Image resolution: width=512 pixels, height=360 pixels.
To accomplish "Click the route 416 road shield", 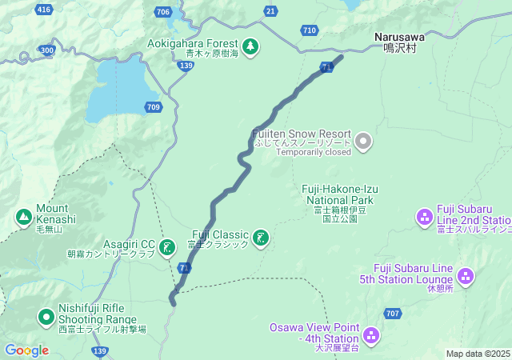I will pos(44,10).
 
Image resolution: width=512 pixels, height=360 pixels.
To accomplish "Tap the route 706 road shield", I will pos(164,11).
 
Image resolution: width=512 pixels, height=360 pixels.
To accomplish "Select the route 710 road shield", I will pos(310,30).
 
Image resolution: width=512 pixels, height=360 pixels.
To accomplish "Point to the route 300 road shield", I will pos(47,50).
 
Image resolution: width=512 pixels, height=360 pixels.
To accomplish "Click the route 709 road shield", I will pos(153,106).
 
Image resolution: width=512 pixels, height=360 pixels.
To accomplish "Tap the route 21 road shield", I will pos(271,10).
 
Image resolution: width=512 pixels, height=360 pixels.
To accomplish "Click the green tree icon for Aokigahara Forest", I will pos(251,46).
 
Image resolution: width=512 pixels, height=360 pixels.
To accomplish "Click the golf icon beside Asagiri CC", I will pos(167,247).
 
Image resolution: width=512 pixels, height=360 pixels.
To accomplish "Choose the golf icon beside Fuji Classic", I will pos(261,238).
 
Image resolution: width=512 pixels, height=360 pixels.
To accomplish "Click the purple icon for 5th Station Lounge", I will pos(466,277).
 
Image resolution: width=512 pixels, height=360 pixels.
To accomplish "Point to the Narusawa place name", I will pos(399,37).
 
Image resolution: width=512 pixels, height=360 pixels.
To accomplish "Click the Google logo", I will pos(27,350).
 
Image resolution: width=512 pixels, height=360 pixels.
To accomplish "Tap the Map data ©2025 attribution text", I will pos(478,354).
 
